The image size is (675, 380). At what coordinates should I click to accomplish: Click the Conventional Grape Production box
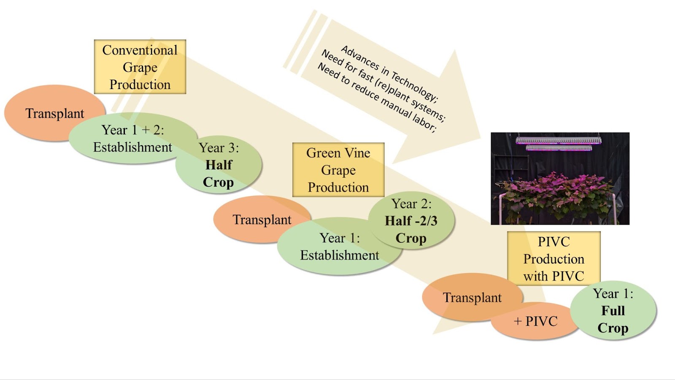[140, 67]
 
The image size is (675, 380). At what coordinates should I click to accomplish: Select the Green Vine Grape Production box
[338, 170]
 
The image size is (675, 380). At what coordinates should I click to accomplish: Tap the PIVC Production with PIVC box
[553, 258]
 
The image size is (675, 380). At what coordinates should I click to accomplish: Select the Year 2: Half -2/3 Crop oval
[411, 220]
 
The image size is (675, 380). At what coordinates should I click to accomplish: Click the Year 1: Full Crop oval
[613, 311]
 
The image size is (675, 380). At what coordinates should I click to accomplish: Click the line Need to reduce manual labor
[375, 98]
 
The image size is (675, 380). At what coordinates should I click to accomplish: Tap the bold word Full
[613, 311]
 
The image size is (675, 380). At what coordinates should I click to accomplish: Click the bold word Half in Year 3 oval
[219, 165]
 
